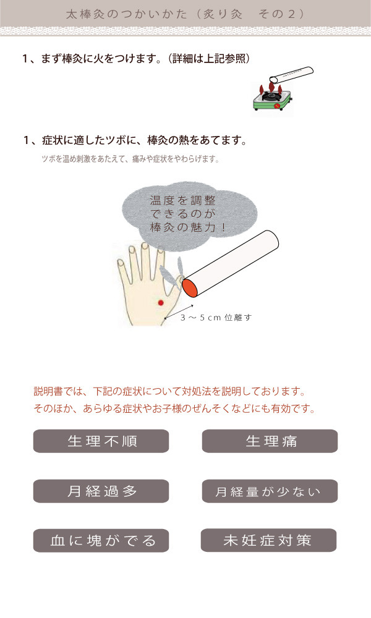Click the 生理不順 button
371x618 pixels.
tap(101, 441)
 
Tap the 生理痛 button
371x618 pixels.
tap(270, 441)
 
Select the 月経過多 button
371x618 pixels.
tap(101, 491)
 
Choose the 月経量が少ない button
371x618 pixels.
tap(270, 491)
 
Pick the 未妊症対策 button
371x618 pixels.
tap(268, 540)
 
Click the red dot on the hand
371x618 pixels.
tap(161, 302)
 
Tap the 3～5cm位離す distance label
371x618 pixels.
tap(216, 317)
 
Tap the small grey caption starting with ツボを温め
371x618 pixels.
tap(130, 159)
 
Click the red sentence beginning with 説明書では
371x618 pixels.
tap(170, 391)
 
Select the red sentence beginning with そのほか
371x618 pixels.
tap(174, 408)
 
